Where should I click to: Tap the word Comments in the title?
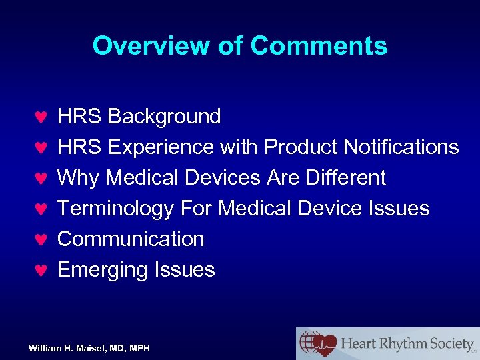[x=319, y=46]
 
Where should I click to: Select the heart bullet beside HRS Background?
[x=40, y=117]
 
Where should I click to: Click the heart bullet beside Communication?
[x=40, y=240]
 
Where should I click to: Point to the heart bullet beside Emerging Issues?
[x=40, y=271]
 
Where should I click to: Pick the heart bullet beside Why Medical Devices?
[x=40, y=179]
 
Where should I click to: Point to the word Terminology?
[x=116, y=209]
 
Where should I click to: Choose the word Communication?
[x=131, y=239]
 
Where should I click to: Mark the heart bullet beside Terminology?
[x=40, y=209]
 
